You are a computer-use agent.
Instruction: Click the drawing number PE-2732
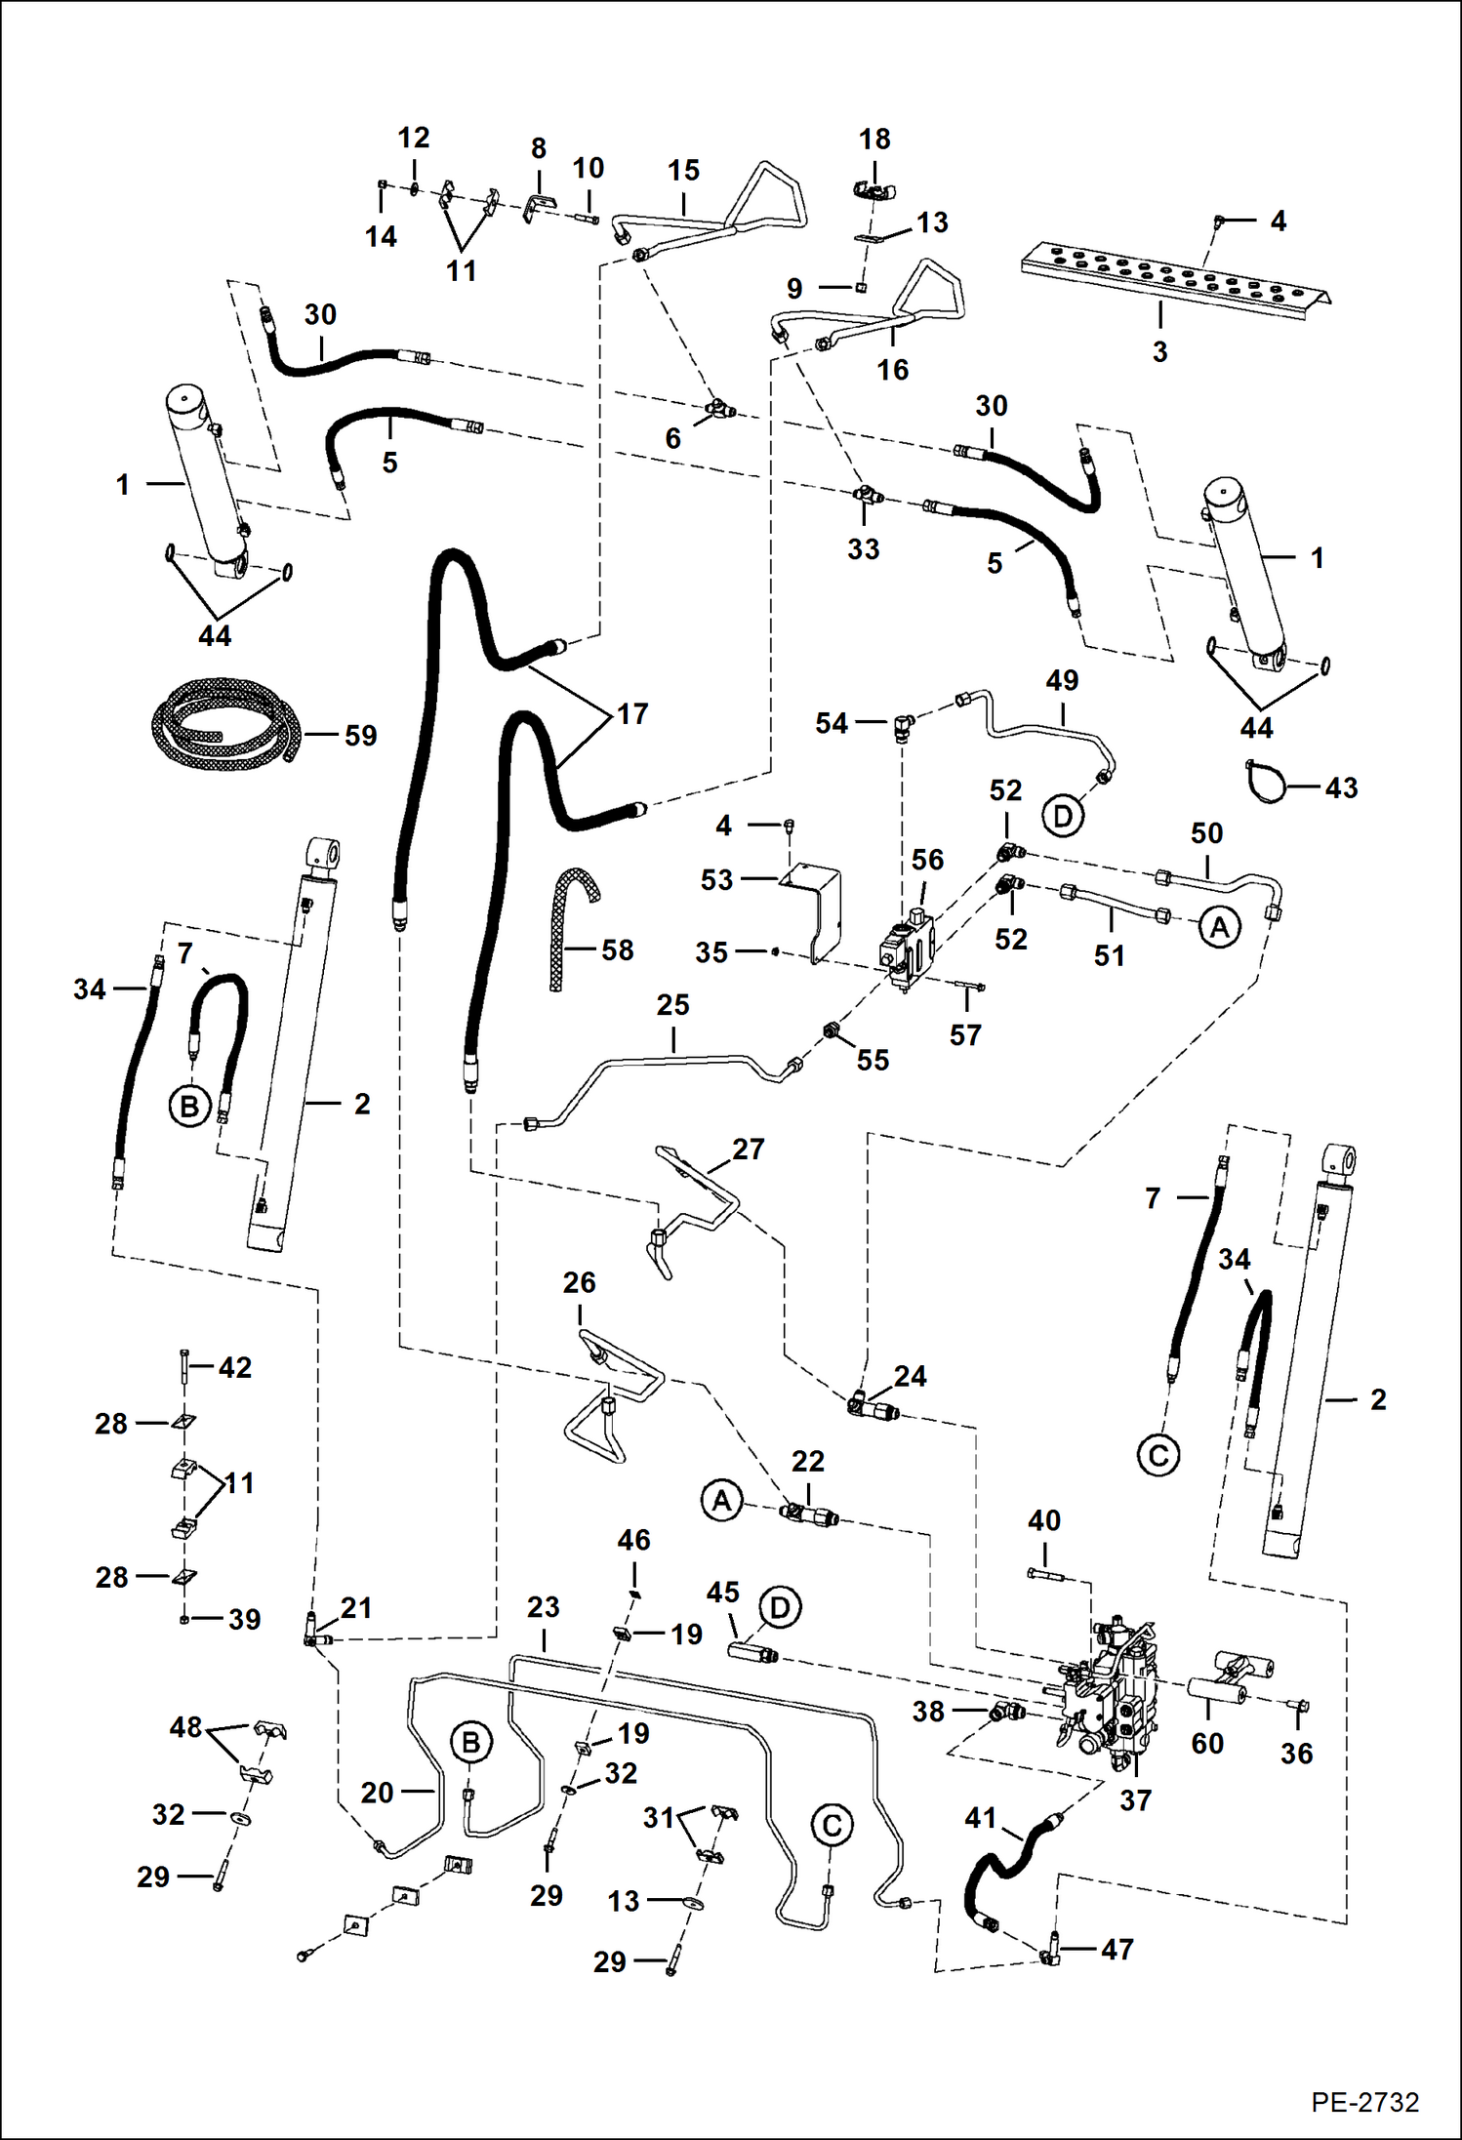point(1364,2101)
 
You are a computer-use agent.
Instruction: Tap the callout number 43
point(1341,787)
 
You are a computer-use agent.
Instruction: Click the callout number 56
point(927,860)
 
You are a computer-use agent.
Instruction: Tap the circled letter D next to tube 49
point(1063,815)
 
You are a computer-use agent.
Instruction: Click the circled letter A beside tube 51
point(1220,927)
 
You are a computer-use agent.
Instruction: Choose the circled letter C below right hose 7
point(1158,1456)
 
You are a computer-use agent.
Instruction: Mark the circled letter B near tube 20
point(470,1742)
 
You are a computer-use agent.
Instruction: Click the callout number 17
point(632,713)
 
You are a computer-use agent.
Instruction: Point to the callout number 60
point(1207,1743)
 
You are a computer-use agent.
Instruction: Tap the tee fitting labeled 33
point(865,495)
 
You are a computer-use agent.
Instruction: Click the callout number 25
point(672,1004)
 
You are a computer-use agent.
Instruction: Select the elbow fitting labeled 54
point(903,724)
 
